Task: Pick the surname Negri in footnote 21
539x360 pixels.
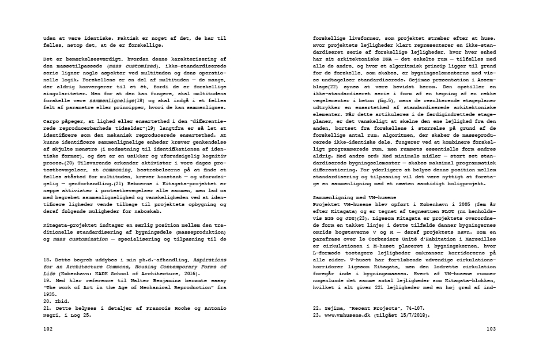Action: click(x=54, y=316)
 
